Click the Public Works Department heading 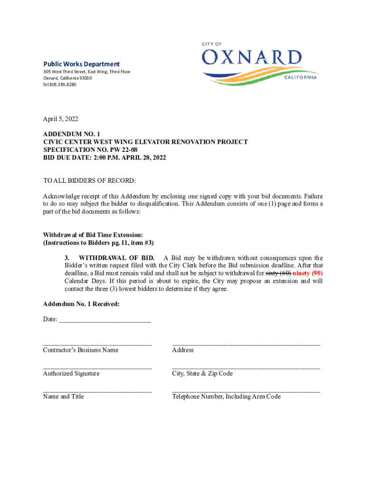[x=82, y=64]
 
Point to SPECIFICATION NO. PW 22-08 [x=90, y=150]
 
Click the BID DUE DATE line [x=105, y=157]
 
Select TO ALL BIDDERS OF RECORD [x=89, y=181]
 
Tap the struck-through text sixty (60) [x=278, y=273]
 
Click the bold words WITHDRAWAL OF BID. [x=116, y=258]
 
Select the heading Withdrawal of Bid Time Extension [x=93, y=235]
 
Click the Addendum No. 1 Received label [x=81, y=304]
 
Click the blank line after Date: [x=104, y=320]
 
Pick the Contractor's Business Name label [x=80, y=350]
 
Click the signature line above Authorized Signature [x=97, y=367]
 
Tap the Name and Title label [x=63, y=396]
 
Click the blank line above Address [x=246, y=344]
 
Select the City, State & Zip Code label [x=202, y=374]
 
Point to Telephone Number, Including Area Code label [x=226, y=396]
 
